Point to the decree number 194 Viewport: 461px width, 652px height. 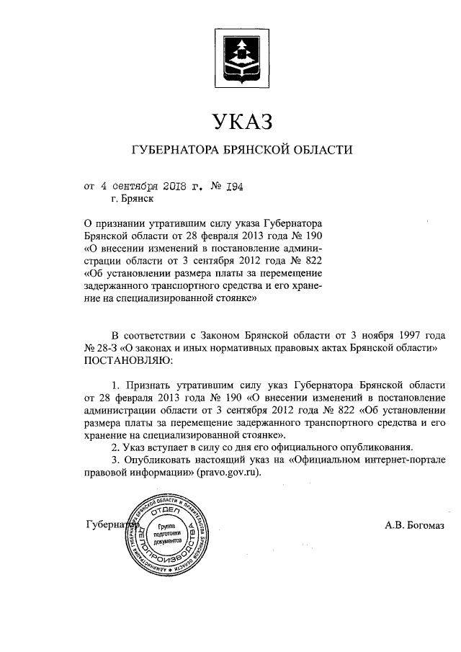236,185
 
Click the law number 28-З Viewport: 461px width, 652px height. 102,347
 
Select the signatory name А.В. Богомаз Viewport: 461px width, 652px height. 414,524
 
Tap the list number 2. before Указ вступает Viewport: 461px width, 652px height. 107,447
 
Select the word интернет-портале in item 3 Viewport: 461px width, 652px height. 406,460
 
